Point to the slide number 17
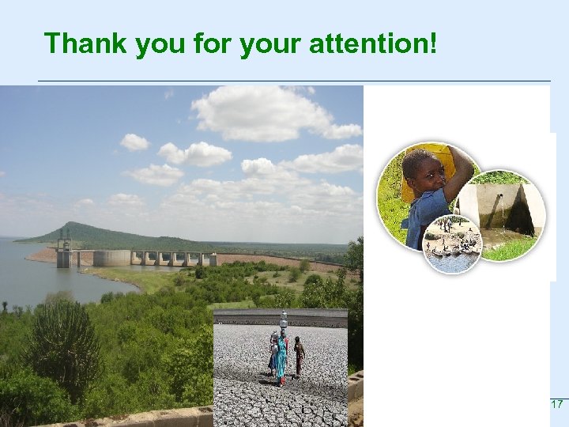coord(556,404)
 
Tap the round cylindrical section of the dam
coord(111,258)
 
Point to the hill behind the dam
coord(95,233)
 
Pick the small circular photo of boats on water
coord(452,244)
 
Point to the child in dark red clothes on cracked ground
coord(299,356)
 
